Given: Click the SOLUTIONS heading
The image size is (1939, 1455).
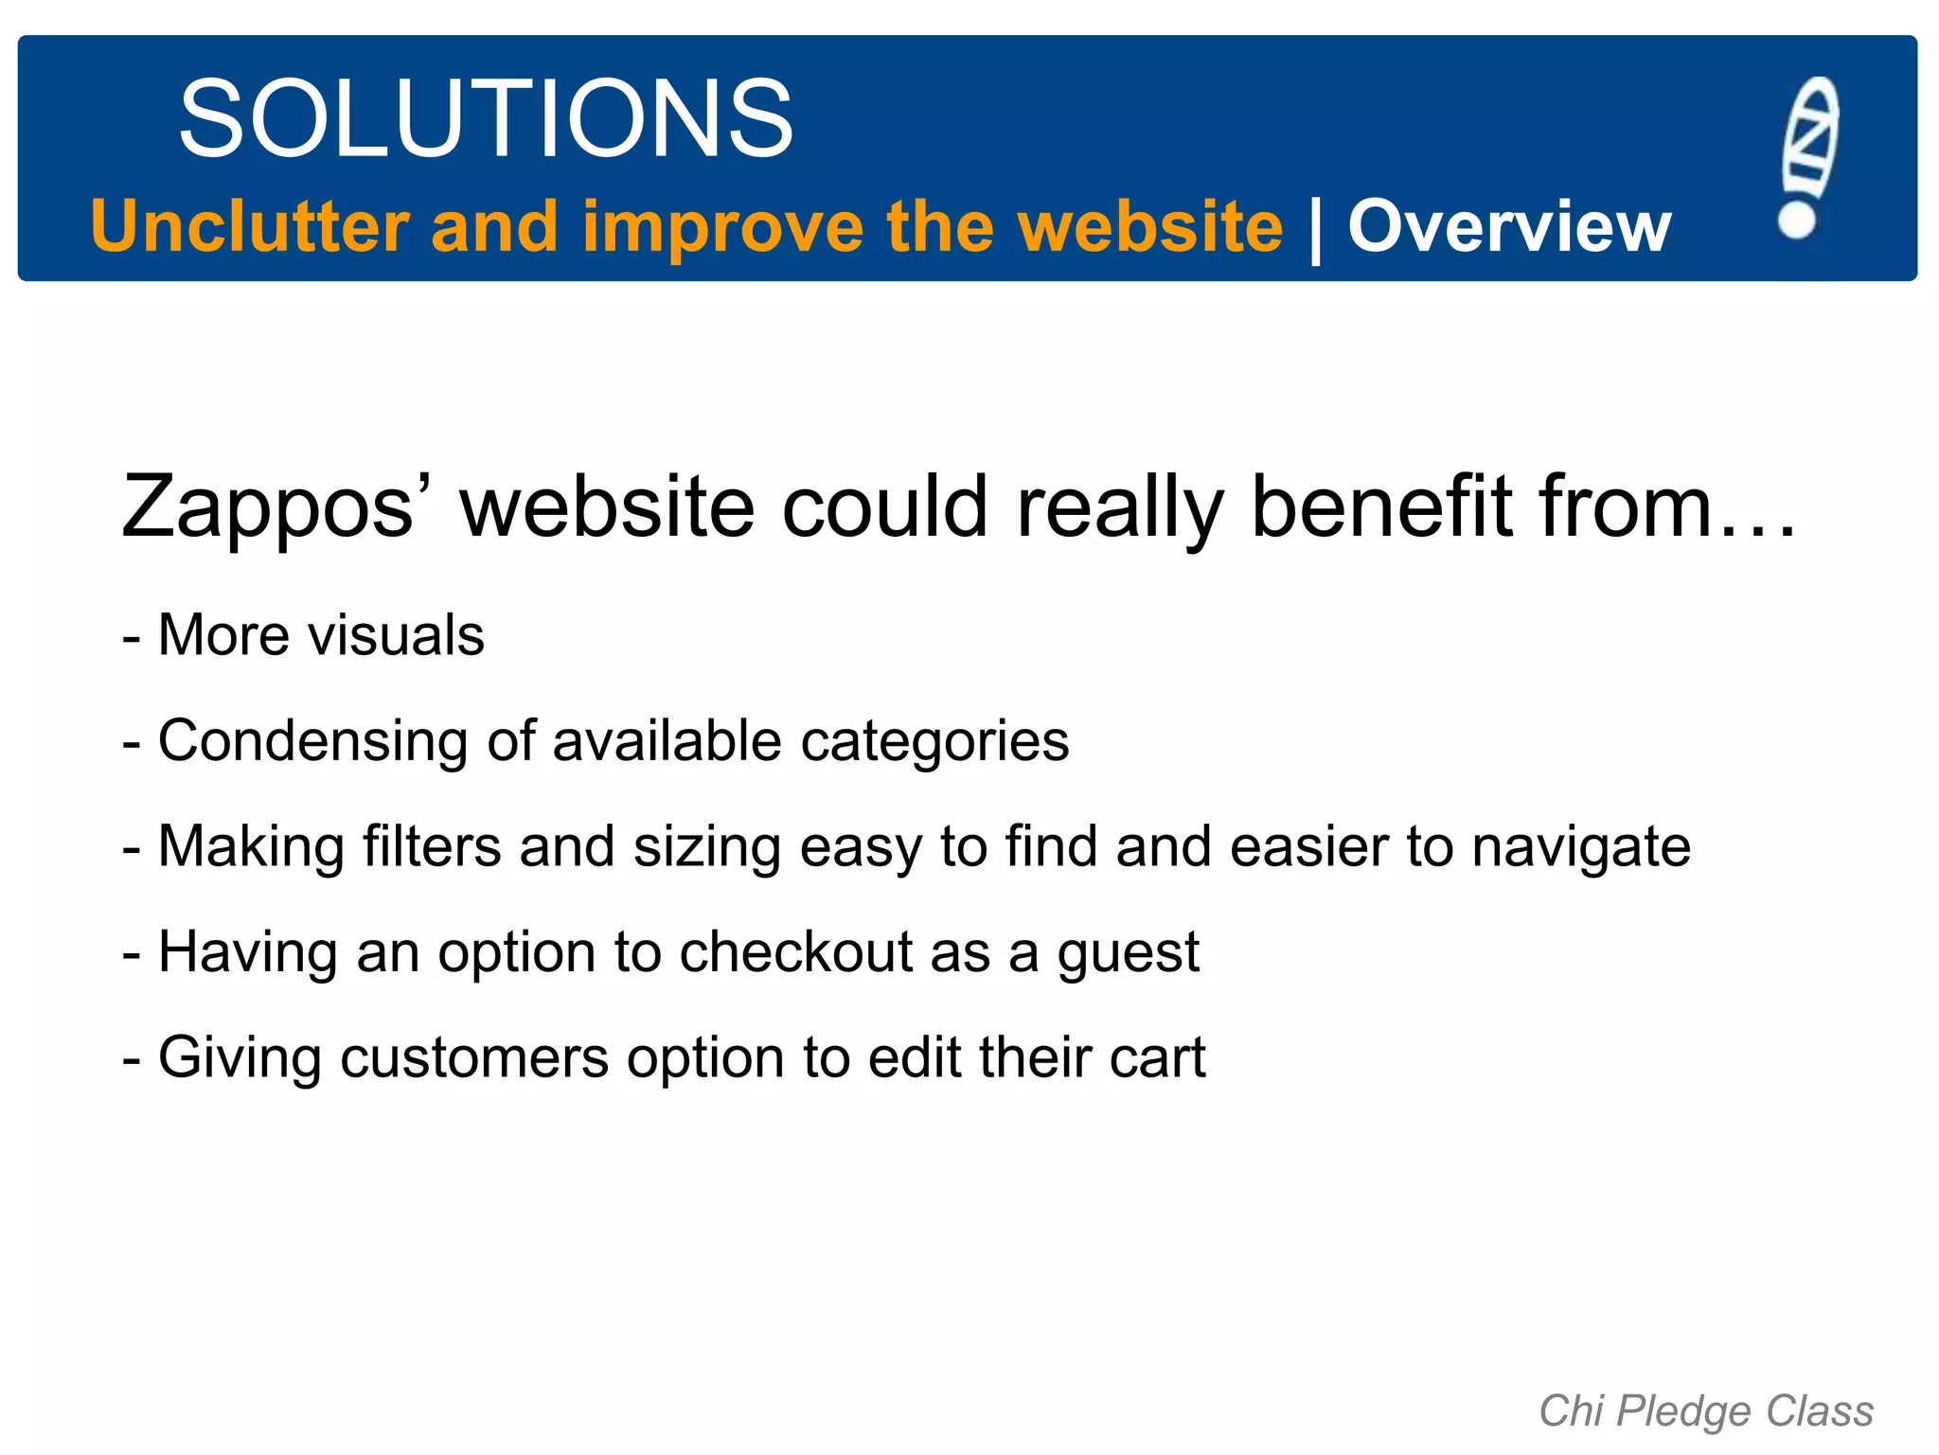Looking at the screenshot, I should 486,119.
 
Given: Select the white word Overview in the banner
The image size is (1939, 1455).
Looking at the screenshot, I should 1509,227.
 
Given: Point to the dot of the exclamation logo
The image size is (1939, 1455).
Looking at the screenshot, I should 1796,219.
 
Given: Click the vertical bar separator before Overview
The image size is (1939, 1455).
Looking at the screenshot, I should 1315,229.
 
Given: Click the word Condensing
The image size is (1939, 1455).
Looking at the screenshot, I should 312,741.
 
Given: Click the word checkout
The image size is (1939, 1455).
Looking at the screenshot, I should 796,951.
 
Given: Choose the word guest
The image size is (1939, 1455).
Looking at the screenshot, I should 1129,953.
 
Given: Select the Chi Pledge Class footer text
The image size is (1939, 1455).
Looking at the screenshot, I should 1706,1411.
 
